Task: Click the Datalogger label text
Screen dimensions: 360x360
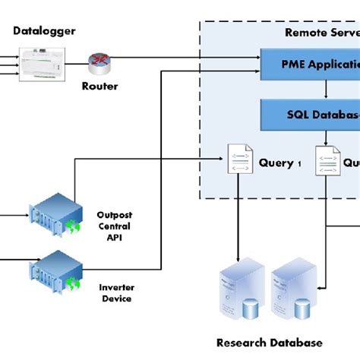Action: [44, 30]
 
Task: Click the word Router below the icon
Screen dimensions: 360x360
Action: [99, 86]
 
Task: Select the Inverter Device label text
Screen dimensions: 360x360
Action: [115, 292]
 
